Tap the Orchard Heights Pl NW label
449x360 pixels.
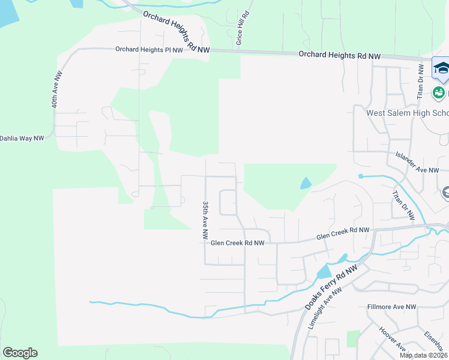149,50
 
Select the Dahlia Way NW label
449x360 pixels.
22,138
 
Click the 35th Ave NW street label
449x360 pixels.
205,214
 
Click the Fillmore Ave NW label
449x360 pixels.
391,307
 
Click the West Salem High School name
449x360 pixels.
407,113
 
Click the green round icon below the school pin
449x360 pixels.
439,92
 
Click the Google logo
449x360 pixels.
20,353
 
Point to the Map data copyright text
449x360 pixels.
424,355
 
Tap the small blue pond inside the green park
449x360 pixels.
306,184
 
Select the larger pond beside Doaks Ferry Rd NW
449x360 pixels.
324,271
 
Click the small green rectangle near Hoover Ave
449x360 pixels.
354,338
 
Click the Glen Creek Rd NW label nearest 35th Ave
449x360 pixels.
238,243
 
